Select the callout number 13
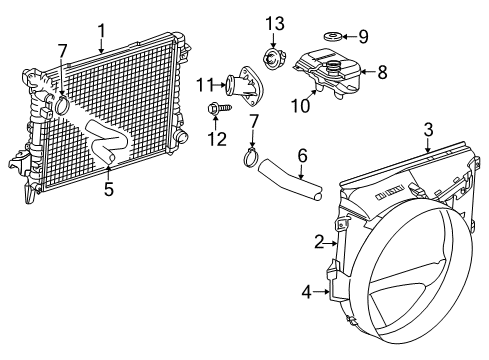click(x=274, y=22)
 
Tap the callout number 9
click(x=363, y=37)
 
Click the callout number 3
click(x=427, y=129)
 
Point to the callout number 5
click(x=109, y=186)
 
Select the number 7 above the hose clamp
click(x=254, y=121)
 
